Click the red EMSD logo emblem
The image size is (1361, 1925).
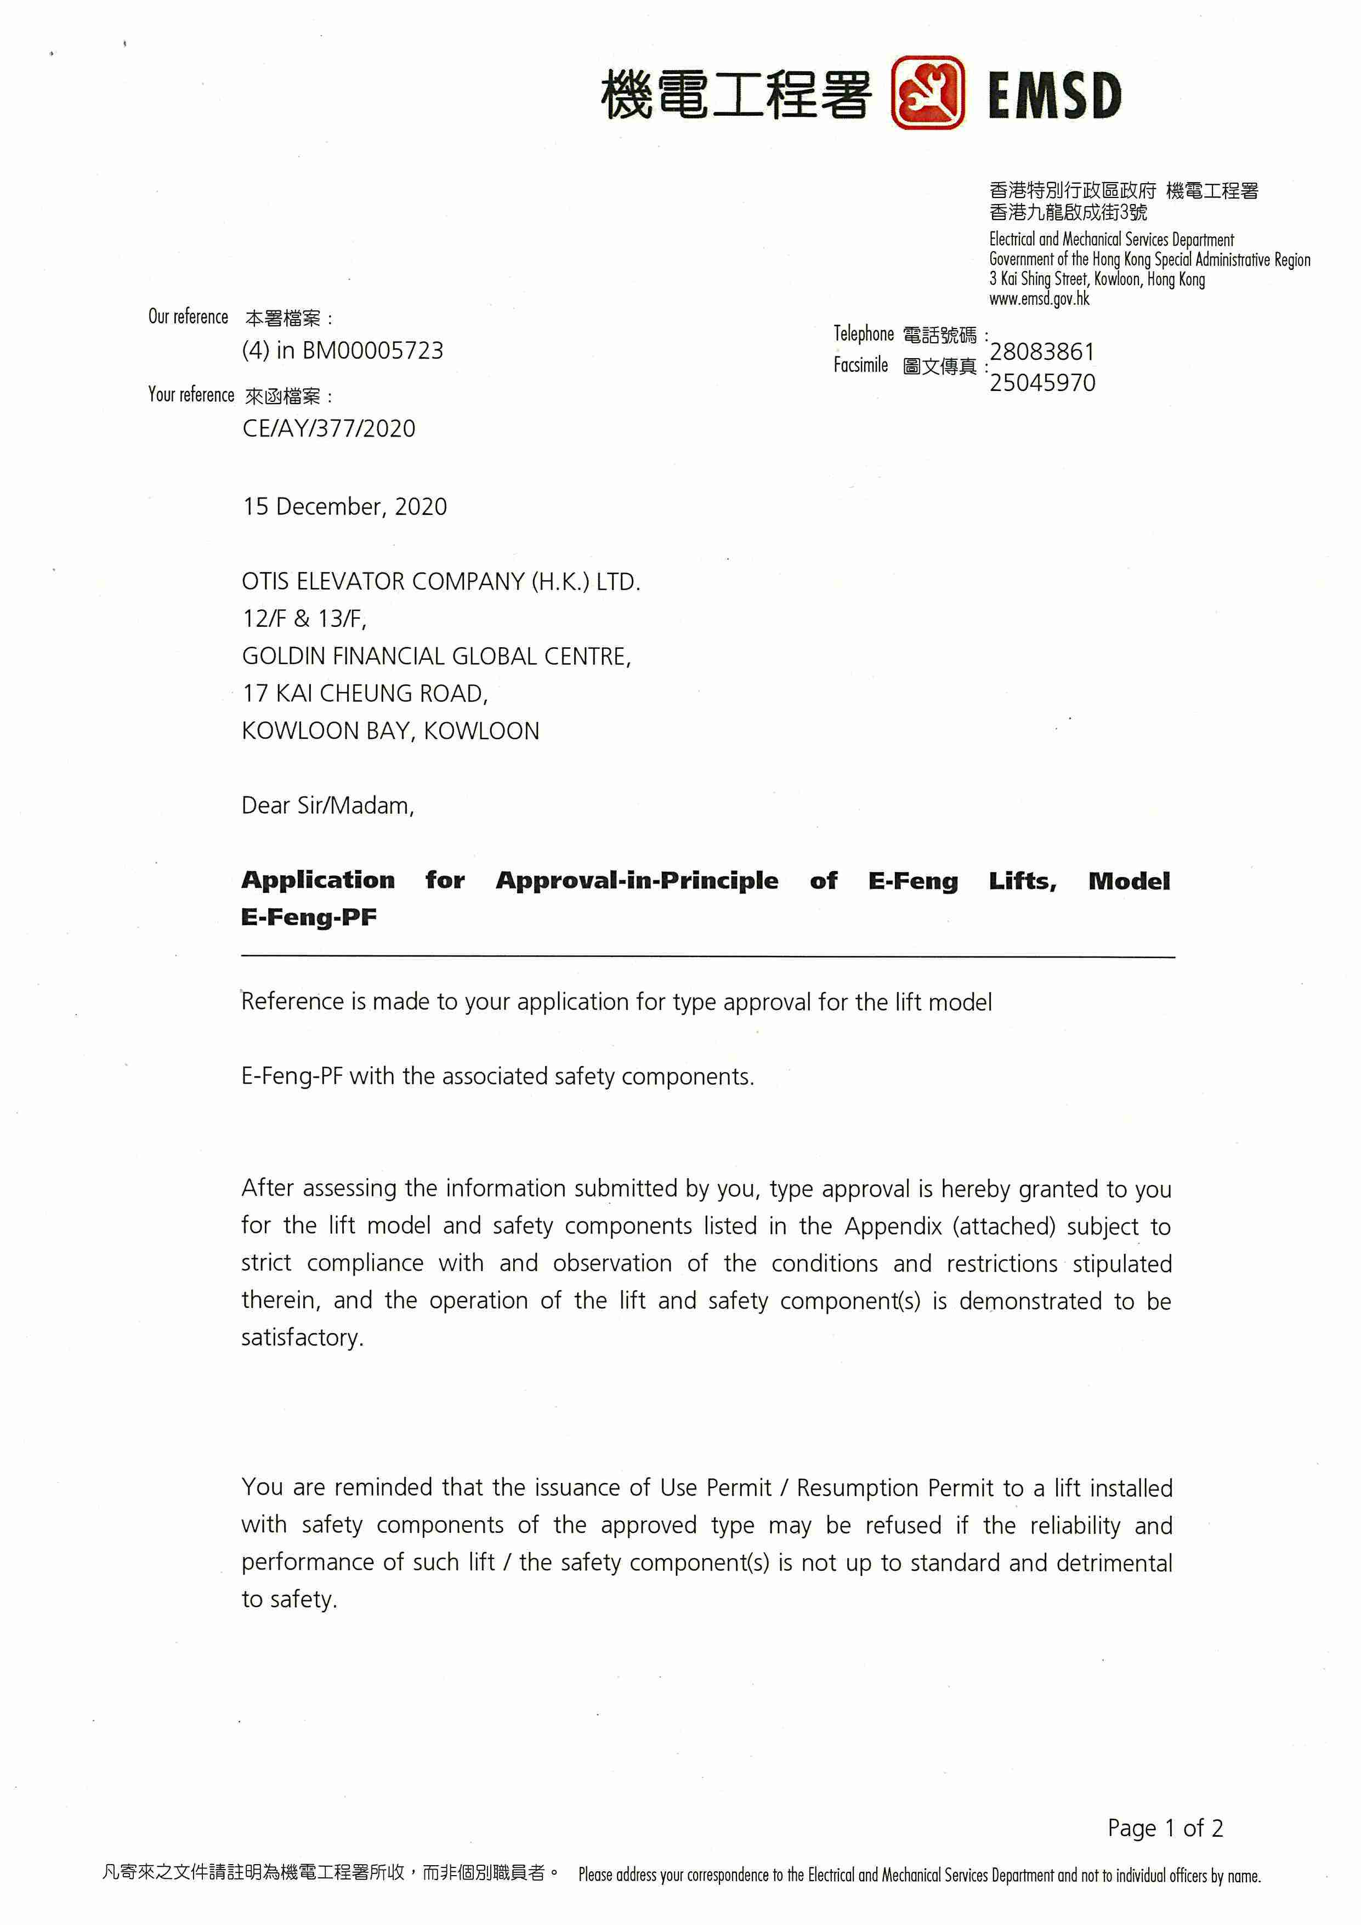tap(927, 93)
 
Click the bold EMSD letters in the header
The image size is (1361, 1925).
tap(1054, 95)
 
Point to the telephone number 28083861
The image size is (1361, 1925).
tap(1042, 352)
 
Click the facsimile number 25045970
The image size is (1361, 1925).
tap(1042, 383)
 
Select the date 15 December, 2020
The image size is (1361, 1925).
tap(344, 506)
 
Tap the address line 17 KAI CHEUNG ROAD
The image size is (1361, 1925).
tap(365, 693)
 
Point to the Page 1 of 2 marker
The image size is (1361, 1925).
tap(1164, 1828)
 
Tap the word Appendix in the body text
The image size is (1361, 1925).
tap(893, 1227)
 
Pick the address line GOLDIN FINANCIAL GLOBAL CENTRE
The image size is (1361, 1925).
tap(436, 656)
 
